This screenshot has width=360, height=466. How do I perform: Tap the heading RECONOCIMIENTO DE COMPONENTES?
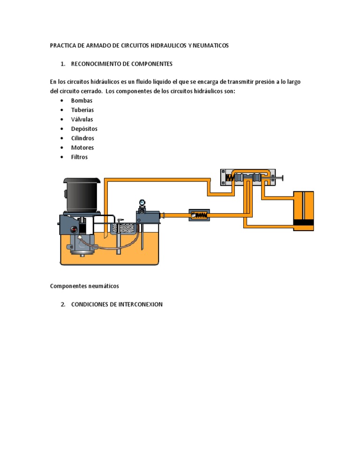(122, 64)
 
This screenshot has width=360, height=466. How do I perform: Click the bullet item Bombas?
(82, 100)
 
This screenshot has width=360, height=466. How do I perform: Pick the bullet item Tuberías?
(82, 110)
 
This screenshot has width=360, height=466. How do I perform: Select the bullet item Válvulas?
(82, 119)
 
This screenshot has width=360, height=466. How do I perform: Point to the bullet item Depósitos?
(84, 128)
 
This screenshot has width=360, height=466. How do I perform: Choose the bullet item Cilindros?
(82, 138)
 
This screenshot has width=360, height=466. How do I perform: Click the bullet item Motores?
(82, 148)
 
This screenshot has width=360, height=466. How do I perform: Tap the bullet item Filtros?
(79, 157)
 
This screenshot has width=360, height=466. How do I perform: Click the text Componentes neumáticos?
(85, 286)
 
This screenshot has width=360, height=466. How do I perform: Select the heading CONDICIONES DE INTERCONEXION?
(117, 304)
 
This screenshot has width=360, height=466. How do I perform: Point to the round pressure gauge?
(142, 203)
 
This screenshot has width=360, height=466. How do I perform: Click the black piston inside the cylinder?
(303, 222)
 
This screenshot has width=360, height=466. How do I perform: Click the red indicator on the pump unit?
(73, 230)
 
